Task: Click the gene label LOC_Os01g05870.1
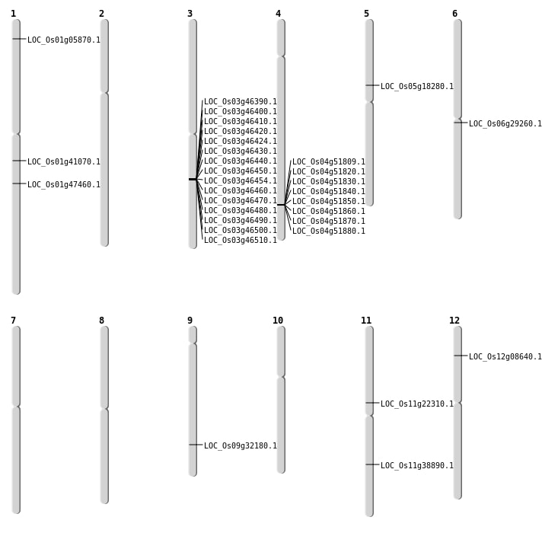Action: (x=64, y=40)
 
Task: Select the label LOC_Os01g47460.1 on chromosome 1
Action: (x=64, y=184)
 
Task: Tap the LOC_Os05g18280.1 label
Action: (x=417, y=86)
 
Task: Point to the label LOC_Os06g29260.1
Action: (x=505, y=124)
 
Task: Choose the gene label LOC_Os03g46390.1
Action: (x=241, y=101)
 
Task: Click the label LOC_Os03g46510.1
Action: (x=241, y=240)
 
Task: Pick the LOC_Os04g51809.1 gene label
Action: (x=329, y=161)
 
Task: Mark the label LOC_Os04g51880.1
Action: (x=329, y=231)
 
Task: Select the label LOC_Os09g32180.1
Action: (x=241, y=446)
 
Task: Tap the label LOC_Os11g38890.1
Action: (x=417, y=465)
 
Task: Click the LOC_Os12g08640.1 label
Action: (x=505, y=356)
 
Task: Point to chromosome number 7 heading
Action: (x=13, y=321)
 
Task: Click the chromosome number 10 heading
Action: (x=278, y=321)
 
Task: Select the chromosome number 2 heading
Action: (x=101, y=14)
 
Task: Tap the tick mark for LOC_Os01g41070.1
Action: (x=19, y=161)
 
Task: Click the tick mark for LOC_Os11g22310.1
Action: (x=372, y=403)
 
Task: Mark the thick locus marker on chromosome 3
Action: (x=193, y=179)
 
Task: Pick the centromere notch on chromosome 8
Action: (x=104, y=409)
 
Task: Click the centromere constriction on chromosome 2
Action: (x=104, y=93)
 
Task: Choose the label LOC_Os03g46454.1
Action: (x=241, y=180)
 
